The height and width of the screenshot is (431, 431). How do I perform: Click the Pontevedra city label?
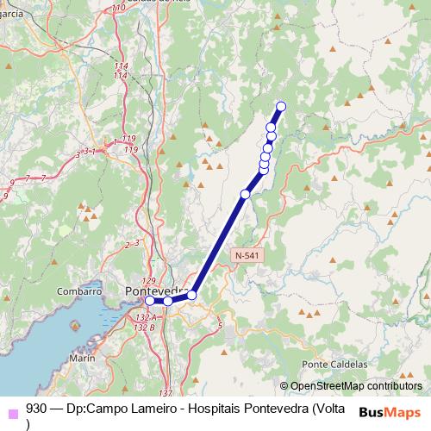(153, 290)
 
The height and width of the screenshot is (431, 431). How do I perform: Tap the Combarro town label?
(79, 292)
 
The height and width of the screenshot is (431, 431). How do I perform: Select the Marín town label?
(82, 357)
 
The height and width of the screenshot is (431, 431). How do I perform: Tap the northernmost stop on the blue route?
(280, 106)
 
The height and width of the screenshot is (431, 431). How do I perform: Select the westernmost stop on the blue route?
(150, 301)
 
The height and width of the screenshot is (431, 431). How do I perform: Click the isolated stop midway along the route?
(245, 195)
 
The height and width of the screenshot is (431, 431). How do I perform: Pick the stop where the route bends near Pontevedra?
(191, 296)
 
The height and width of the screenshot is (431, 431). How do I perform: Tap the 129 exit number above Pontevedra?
(147, 281)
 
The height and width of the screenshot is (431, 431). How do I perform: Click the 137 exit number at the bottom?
(166, 393)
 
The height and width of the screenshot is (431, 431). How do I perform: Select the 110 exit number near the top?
(118, 7)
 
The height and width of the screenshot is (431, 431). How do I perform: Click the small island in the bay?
(73, 326)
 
